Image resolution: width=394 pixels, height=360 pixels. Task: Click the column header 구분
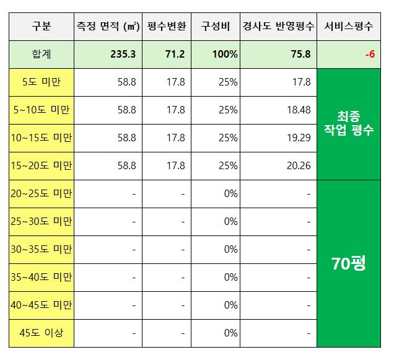pos(42,27)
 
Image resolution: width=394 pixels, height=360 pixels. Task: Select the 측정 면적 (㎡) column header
pos(108,27)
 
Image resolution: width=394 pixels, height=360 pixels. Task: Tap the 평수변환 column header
pos(167,27)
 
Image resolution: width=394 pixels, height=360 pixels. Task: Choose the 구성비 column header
pos(216,27)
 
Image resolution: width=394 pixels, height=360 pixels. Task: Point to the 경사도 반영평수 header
pos(278,27)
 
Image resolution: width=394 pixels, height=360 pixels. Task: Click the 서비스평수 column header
pos(349,27)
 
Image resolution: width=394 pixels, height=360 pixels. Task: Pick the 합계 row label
pos(42,55)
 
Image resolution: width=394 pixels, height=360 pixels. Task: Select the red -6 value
pos(369,55)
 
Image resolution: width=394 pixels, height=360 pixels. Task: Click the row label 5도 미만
pos(42,82)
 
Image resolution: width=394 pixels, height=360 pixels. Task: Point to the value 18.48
pos(298,110)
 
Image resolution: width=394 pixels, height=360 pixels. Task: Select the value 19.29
pos(298,138)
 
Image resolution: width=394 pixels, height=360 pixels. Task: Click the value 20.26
pos(298,166)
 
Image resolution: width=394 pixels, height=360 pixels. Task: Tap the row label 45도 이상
pos(42,333)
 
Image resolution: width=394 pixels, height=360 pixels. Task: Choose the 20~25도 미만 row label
pos(42,194)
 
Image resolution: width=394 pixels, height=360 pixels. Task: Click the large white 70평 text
pos(349,264)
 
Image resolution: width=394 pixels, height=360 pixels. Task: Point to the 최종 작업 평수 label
pos(349,124)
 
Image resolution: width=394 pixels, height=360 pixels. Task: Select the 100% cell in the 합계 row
pos(224,55)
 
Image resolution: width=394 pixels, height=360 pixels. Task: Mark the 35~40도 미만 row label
pos(42,277)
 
